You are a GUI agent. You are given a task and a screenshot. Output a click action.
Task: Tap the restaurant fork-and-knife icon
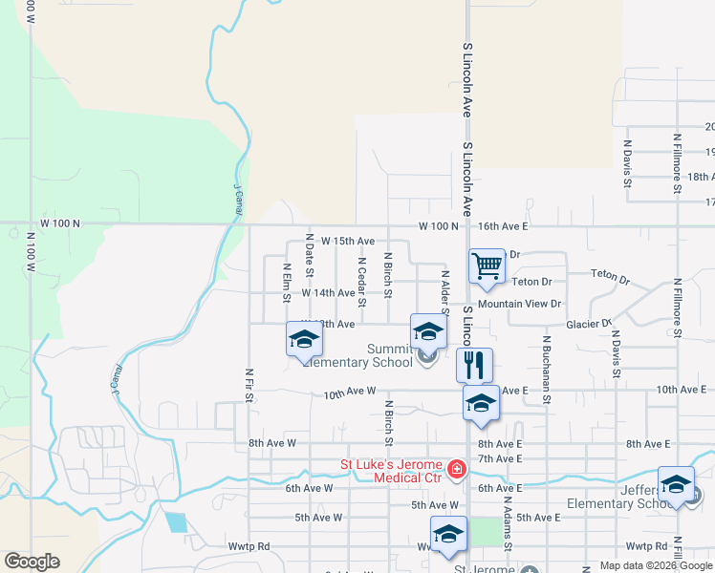pyautogui.click(x=474, y=364)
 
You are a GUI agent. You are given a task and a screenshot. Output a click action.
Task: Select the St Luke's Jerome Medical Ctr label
pyautogui.click(x=393, y=472)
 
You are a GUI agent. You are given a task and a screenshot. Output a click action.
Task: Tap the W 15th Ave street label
pyautogui.click(x=348, y=242)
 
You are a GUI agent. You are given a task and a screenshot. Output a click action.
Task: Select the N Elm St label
pyautogui.click(x=286, y=283)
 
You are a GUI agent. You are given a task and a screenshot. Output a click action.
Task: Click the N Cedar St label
pyautogui.click(x=361, y=282)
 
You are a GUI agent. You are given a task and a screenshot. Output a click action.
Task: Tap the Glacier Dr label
pyautogui.click(x=588, y=324)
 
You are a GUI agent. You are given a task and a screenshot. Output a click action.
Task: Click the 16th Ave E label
pyautogui.click(x=503, y=226)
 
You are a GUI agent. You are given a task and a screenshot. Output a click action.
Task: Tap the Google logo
pyautogui.click(x=32, y=562)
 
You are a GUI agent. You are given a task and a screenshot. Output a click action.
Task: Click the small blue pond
pyautogui.click(x=175, y=522)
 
